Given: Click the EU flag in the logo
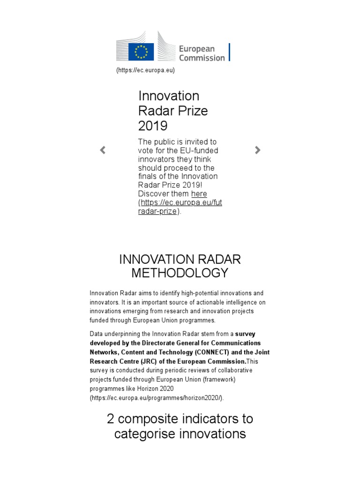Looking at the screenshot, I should tap(141, 51).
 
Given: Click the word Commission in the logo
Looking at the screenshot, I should tap(202, 58).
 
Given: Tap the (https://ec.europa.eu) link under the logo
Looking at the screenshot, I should tap(145, 70).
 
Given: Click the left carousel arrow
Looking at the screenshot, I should tap(103, 150).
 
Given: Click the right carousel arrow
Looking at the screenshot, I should tap(257, 150).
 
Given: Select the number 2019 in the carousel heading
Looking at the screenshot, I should tap(153, 126).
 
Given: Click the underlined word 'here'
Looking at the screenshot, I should tap(199, 194).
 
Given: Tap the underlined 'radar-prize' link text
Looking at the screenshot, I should tap(157, 211).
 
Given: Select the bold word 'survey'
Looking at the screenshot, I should tap(245, 334).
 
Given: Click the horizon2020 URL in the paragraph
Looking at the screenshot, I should tap(157, 398).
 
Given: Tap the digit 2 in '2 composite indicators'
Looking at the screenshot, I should tap(111, 419).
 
